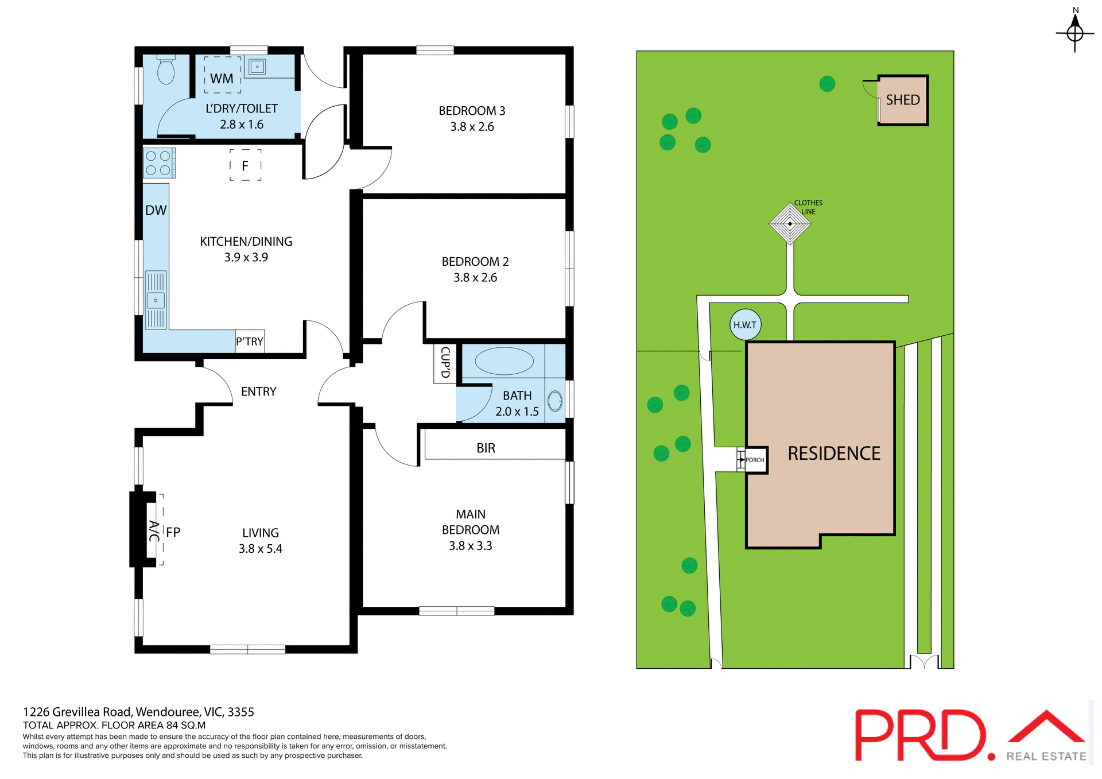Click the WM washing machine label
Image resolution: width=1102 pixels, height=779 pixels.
222,79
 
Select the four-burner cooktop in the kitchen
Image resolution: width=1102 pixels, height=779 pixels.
158,163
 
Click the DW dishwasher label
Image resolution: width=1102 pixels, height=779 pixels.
156,211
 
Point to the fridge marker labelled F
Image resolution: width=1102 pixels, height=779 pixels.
245,166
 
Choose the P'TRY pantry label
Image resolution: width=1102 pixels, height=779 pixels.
250,342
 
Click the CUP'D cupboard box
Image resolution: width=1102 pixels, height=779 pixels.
445,363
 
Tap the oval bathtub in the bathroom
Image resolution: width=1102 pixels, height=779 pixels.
504,362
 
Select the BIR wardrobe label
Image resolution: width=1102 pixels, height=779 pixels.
486,448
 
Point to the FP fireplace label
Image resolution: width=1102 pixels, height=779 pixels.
173,532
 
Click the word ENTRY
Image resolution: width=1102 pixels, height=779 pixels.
258,392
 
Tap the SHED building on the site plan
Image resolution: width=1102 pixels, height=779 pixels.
903,100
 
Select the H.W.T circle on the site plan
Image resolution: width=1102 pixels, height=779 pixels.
745,325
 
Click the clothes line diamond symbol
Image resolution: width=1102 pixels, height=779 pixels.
790,224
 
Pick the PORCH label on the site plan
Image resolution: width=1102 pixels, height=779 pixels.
755,460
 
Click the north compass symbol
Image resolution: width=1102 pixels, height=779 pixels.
1074,33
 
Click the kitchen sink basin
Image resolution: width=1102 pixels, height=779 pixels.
156,300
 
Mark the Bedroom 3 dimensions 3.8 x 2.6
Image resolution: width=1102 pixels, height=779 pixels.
472,127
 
